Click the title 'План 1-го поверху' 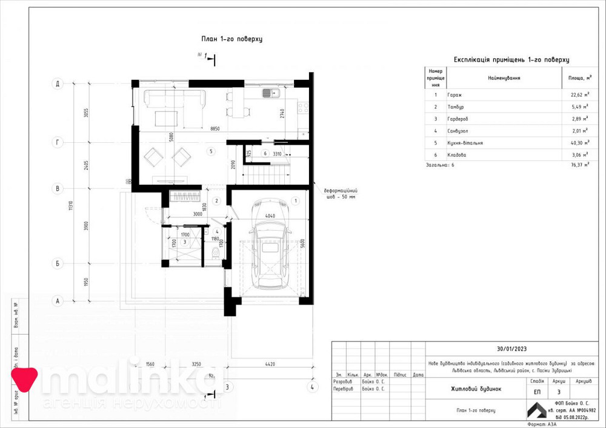coord(231,39)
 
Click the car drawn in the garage coord(270,254)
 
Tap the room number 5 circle coord(211,151)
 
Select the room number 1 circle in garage coord(295,200)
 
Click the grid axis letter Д coord(58,84)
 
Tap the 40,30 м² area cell coord(578,143)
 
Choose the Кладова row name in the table coord(457,155)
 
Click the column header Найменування coord(504,78)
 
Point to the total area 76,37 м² coord(578,164)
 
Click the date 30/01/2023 coord(511,349)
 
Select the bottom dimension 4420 coord(270,364)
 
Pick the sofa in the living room coord(175,97)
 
